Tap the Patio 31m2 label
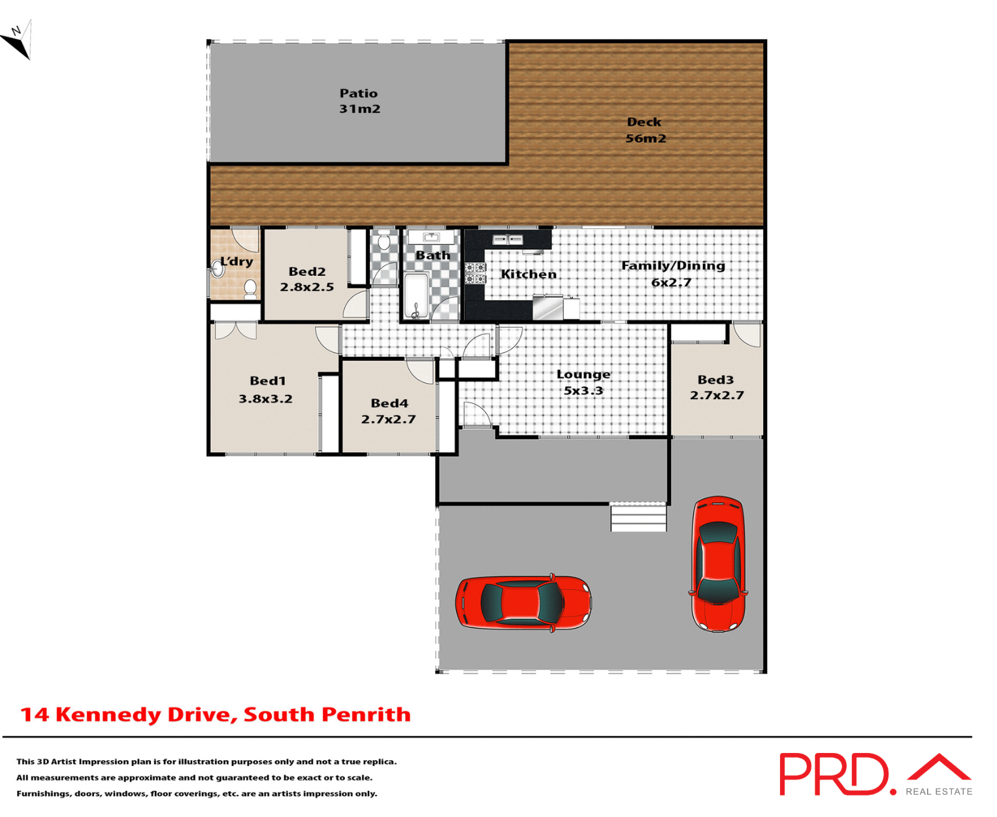[359, 101]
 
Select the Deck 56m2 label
[645, 130]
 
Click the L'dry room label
[237, 261]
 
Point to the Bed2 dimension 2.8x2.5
[306, 287]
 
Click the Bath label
[433, 255]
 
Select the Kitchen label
[529, 274]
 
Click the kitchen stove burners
[475, 273]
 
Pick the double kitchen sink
[507, 240]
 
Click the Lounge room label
[583, 375]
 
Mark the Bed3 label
[715, 380]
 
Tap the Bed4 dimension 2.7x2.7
[388, 420]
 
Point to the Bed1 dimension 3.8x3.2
[265, 399]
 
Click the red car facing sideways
[523, 603]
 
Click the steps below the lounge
[638, 517]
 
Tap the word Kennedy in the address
[108, 714]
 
